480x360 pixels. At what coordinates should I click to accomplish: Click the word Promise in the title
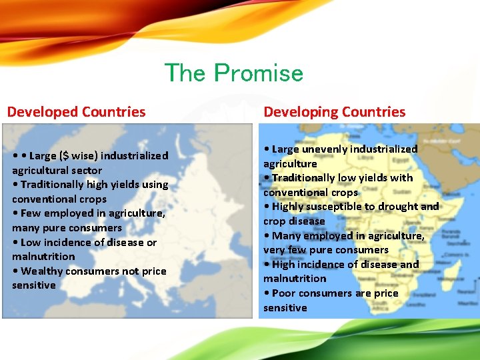click(259, 73)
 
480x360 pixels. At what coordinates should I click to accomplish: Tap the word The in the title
click(186, 73)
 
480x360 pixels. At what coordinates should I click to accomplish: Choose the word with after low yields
click(401, 178)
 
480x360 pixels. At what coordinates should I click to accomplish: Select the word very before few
click(274, 250)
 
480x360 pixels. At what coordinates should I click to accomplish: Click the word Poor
click(284, 293)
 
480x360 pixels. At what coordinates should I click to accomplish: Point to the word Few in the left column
click(31, 213)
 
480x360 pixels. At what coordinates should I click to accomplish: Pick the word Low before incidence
click(32, 242)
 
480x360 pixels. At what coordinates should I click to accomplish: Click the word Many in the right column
click(286, 235)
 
